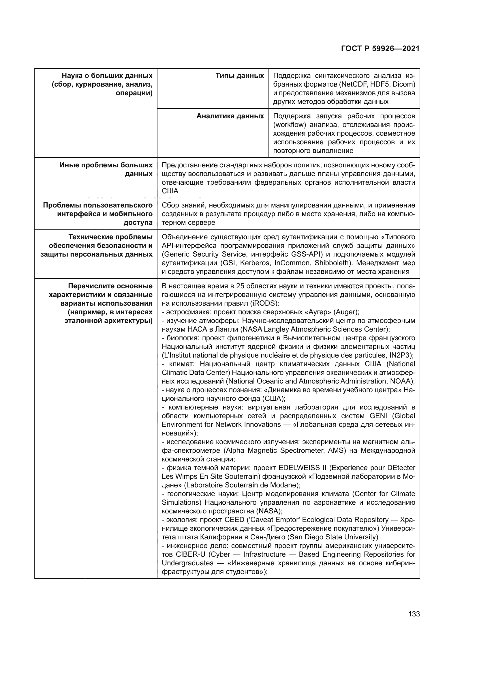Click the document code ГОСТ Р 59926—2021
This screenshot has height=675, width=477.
[x=380, y=49]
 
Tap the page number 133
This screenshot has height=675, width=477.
[x=414, y=614]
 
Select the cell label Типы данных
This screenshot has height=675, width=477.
[x=240, y=76]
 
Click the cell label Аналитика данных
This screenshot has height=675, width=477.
[x=230, y=116]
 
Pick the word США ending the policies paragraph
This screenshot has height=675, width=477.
[x=170, y=191]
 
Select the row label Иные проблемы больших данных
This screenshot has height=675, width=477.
[x=106, y=169]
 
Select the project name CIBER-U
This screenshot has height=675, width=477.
[x=191, y=554]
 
